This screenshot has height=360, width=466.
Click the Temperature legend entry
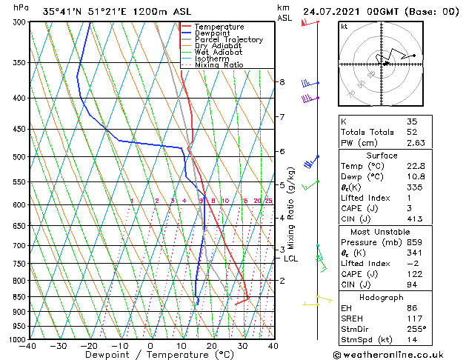tap(219, 27)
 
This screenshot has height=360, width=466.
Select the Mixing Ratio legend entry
tap(219, 65)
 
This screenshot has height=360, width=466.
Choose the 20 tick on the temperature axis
tap(211, 345)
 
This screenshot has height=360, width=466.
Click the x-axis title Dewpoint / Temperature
tap(150, 355)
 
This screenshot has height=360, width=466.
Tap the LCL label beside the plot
tap(290, 259)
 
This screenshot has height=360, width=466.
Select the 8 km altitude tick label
tap(282, 81)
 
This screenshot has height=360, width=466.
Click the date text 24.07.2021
tap(331, 11)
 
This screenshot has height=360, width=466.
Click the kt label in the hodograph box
tap(344, 27)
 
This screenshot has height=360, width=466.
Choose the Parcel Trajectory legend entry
tap(229, 39)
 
